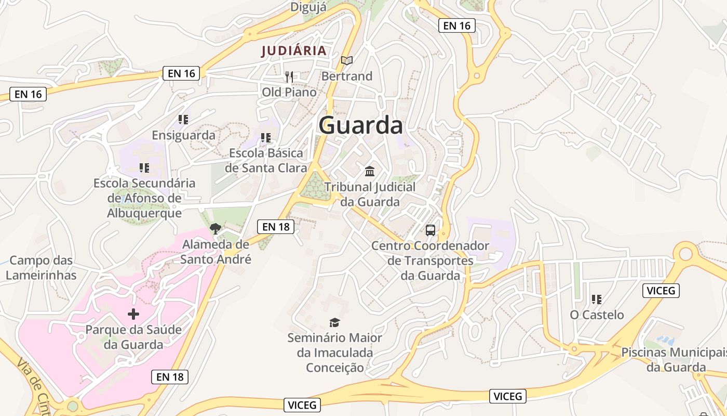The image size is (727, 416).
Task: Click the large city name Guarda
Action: click(361, 126)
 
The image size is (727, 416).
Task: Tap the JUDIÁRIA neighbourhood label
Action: click(294, 51)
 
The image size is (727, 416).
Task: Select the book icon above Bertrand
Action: click(347, 61)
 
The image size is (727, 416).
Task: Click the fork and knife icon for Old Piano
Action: click(289, 77)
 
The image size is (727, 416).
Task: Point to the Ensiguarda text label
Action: click(183, 135)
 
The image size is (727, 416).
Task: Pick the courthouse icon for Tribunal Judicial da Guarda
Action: click(370, 171)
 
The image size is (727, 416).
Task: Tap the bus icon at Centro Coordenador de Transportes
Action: click(430, 230)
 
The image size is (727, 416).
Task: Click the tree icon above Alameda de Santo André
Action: click(216, 228)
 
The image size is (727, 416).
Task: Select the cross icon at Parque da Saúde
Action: click(133, 314)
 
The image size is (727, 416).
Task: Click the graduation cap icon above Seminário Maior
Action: click(335, 322)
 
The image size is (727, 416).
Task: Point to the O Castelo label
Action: click(597, 315)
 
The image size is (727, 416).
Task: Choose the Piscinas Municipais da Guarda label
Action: click(675, 360)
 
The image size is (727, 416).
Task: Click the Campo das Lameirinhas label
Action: click(41, 268)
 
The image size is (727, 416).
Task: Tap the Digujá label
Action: click(308, 7)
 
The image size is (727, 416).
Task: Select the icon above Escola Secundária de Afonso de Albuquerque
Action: click(144, 168)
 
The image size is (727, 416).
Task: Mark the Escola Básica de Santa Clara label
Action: click(266, 161)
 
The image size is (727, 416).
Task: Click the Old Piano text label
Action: click(289, 92)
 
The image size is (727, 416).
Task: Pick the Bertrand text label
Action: click(347, 76)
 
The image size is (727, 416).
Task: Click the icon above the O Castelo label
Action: click(597, 300)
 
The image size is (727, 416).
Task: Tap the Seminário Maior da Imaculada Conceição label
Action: click(335, 353)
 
